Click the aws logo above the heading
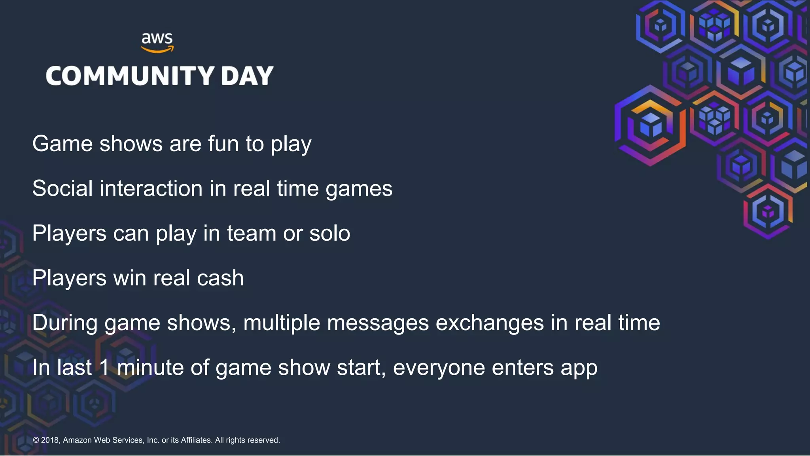pos(157,42)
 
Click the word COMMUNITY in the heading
pos(130,76)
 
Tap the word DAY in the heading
pos(247,76)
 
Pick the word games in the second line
pos(359,189)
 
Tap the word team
pos(252,233)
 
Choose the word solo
pos(329,233)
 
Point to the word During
pos(65,323)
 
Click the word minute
pos(150,367)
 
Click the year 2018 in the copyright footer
pos(50,440)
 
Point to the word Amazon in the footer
pos(78,440)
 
